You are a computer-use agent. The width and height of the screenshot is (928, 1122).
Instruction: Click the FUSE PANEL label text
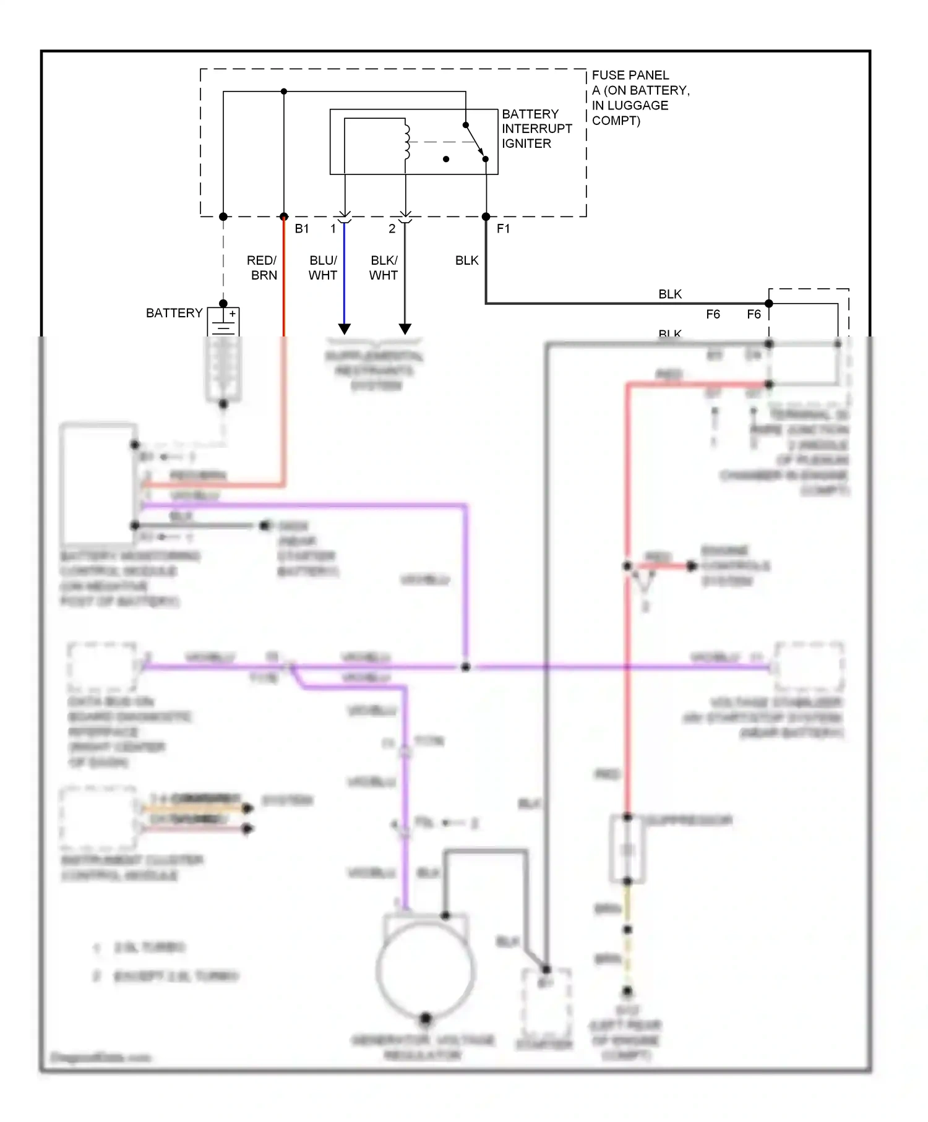click(630, 75)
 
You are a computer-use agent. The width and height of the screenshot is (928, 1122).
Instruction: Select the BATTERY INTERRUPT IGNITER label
click(536, 129)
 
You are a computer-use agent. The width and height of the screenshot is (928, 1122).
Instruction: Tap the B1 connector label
click(302, 229)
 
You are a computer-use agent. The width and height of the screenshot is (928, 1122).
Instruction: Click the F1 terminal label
click(503, 229)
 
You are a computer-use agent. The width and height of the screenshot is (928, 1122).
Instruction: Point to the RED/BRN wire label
click(262, 268)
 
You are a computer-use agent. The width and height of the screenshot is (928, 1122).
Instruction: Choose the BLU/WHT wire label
click(323, 268)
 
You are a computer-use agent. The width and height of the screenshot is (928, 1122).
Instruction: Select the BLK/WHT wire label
click(384, 268)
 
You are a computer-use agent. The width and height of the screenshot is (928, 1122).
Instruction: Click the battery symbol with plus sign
click(223, 322)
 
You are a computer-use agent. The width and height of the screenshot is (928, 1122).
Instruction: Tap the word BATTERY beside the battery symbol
click(174, 313)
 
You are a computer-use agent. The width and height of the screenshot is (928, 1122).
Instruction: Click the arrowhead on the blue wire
click(345, 328)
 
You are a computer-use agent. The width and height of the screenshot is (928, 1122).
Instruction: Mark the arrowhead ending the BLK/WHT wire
click(405, 328)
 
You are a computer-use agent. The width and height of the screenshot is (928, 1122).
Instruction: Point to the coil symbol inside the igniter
click(406, 142)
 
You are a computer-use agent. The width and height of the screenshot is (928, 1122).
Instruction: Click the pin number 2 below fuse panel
click(392, 229)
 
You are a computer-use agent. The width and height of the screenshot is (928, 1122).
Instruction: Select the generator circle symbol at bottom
click(426, 970)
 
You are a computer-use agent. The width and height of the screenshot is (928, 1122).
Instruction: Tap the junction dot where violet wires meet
click(466, 667)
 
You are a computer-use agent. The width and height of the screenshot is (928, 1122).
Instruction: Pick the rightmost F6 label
click(754, 314)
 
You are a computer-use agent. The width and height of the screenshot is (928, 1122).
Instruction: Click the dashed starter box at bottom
click(546, 1004)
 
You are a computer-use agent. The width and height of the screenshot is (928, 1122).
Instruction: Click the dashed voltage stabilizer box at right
click(809, 667)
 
